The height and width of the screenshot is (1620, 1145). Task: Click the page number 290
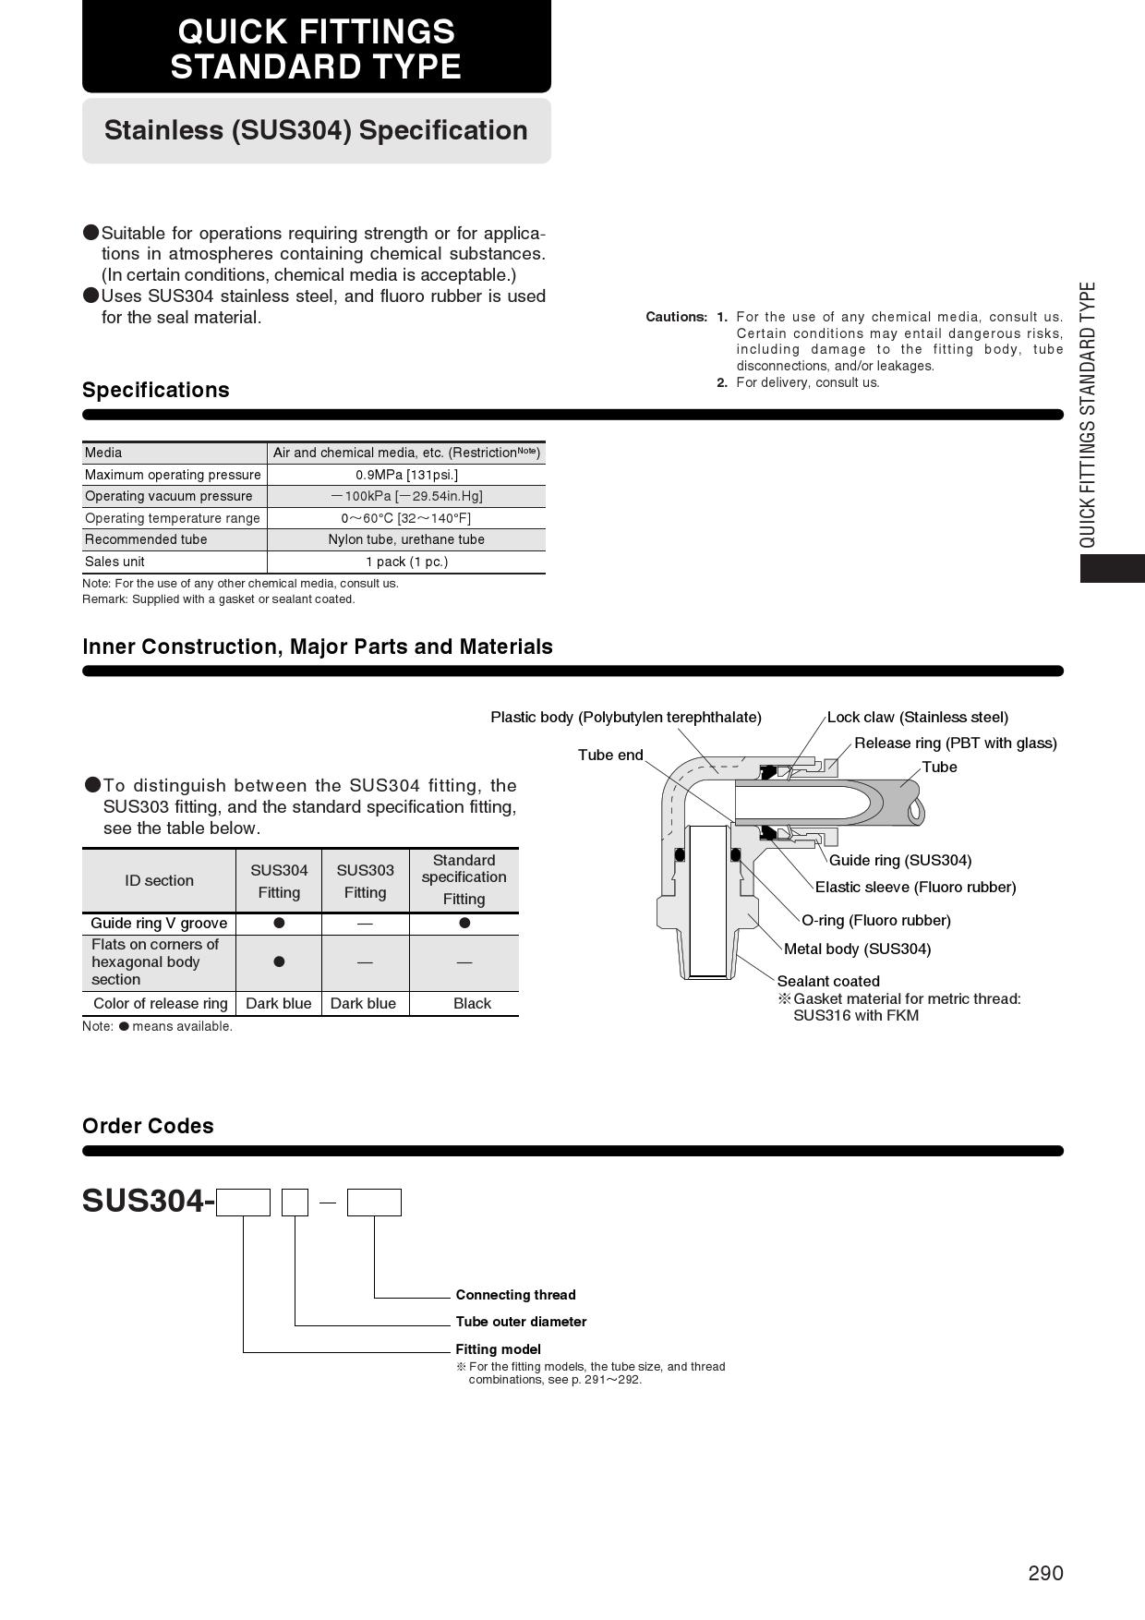(1045, 1573)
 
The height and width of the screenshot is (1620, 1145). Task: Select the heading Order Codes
(148, 1126)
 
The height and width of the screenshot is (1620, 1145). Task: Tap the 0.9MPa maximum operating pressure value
(406, 475)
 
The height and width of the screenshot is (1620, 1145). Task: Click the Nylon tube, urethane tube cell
(406, 539)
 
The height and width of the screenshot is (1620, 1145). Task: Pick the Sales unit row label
(114, 562)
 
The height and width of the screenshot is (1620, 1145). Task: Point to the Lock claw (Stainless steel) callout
(918, 718)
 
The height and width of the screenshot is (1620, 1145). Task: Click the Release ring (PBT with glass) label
(956, 744)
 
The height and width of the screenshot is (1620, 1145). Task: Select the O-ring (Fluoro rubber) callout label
(876, 921)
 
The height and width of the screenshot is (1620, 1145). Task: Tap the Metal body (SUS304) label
(858, 949)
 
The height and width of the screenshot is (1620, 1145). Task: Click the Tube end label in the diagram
(610, 756)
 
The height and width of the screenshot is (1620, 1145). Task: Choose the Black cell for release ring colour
(472, 1004)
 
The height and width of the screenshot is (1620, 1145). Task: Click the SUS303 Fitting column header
(365, 881)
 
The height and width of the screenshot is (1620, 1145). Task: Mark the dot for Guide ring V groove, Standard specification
(464, 923)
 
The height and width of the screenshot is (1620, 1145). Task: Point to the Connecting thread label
(515, 1295)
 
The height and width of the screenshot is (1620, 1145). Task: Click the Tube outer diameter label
(521, 1322)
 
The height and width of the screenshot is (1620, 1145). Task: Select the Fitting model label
(498, 1349)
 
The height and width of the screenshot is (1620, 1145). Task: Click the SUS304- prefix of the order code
(149, 1201)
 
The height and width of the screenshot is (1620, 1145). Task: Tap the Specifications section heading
(156, 390)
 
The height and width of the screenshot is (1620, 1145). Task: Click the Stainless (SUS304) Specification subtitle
(316, 130)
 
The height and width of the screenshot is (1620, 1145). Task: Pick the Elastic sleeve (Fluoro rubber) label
(916, 888)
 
